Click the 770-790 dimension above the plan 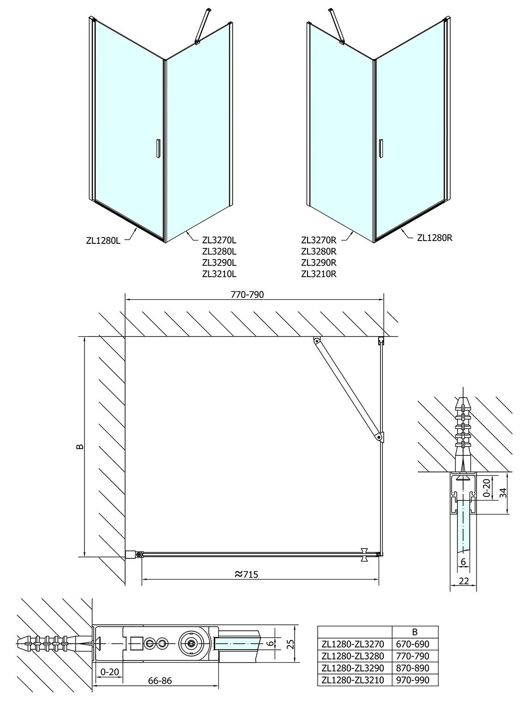(x=247, y=295)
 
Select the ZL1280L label (x=103, y=241)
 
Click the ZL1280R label (x=434, y=238)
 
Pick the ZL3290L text (x=219, y=262)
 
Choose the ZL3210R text (x=319, y=274)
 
